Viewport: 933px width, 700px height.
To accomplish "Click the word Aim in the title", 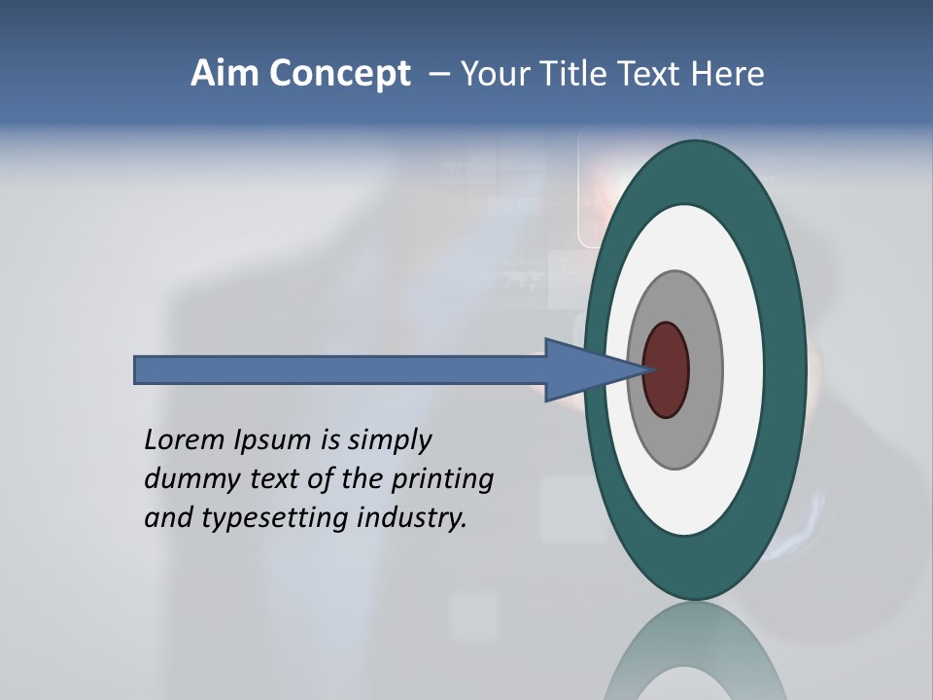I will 224,74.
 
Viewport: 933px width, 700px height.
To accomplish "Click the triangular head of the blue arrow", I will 583,370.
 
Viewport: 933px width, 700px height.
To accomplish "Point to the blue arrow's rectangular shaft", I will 340,370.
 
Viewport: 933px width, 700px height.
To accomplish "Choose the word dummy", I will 184,479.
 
